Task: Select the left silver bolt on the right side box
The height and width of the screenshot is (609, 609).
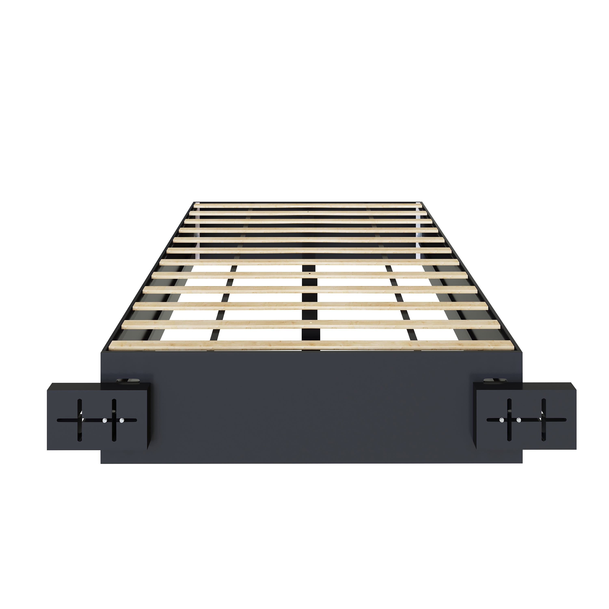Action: tap(501, 420)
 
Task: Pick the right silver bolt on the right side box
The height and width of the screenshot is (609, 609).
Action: tap(518, 420)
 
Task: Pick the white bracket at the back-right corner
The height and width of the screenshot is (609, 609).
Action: tap(419, 202)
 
